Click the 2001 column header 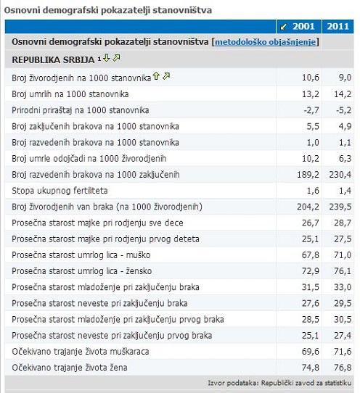[x=303, y=26]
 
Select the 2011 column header [x=337, y=26]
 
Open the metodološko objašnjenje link [x=265, y=42]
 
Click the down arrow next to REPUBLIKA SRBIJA [x=107, y=58]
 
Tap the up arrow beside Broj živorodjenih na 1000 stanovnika [x=156, y=76]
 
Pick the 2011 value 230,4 [x=340, y=175]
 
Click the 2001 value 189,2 [x=308, y=175]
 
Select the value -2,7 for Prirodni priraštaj [x=311, y=110]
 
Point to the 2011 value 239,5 [x=340, y=207]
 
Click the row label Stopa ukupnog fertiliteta [x=60, y=191]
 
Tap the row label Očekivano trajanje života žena [x=70, y=368]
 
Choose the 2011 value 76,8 [x=343, y=368]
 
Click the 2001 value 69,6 [x=311, y=352]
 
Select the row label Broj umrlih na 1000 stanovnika [x=70, y=94]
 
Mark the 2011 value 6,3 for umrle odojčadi [x=345, y=158]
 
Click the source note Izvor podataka [x=279, y=383]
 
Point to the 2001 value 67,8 [x=311, y=255]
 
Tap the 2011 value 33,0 [x=343, y=287]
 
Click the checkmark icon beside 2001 [x=283, y=27]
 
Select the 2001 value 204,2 [x=308, y=207]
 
